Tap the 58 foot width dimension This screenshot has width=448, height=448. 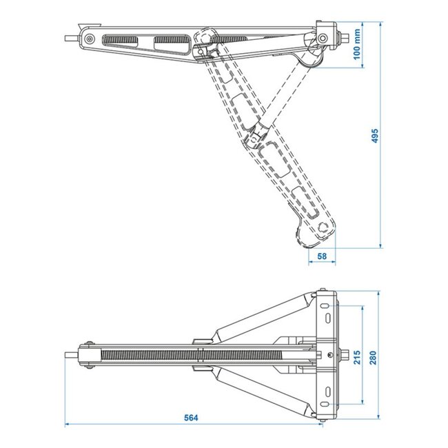(x=321, y=256)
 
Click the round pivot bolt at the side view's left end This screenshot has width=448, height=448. (x=89, y=39)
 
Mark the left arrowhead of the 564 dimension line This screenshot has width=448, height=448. (x=67, y=424)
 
